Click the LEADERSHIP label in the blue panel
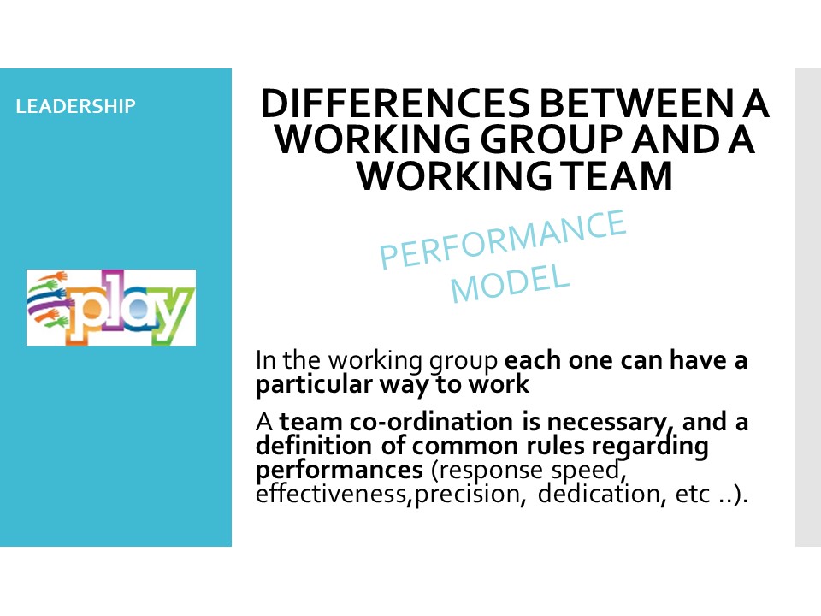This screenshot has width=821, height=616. point(75,106)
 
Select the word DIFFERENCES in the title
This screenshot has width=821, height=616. point(396,104)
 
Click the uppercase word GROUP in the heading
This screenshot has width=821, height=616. point(552,139)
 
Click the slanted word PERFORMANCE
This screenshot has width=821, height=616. point(503,239)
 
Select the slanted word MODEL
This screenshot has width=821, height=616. point(510,283)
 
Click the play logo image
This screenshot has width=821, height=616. point(111,307)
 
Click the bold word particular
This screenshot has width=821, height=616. point(314,384)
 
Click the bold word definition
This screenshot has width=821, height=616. point(314,446)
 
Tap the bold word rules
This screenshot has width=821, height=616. point(555,447)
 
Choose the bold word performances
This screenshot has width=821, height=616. point(340,471)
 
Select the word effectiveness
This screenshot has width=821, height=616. point(331,494)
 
